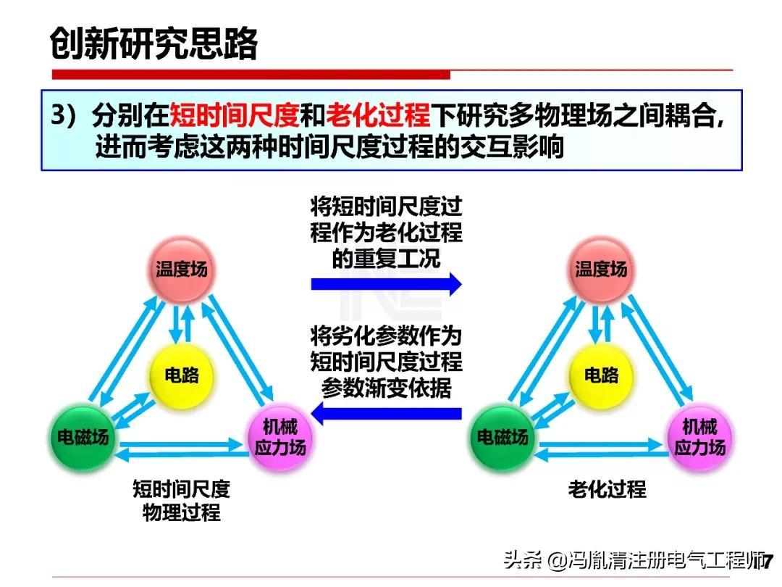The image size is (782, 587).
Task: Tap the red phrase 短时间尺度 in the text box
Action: [x=234, y=116]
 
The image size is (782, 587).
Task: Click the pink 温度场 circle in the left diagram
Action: [x=182, y=270]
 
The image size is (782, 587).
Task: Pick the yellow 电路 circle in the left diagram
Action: [x=181, y=375]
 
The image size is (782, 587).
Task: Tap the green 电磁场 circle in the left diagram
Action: [x=83, y=437]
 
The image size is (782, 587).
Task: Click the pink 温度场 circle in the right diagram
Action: [x=601, y=270]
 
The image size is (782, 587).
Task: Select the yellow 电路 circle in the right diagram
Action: [x=601, y=375]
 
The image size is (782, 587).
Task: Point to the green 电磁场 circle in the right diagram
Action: [x=503, y=437]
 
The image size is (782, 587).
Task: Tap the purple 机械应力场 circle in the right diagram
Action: [x=699, y=436]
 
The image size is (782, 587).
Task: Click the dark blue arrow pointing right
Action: [x=386, y=283]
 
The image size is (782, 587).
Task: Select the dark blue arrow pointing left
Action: [x=392, y=415]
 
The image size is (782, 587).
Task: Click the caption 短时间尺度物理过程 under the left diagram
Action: [x=181, y=501]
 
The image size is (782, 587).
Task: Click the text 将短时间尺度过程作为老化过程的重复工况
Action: [x=386, y=233]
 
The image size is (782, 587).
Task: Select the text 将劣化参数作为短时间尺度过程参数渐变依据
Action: [x=386, y=362]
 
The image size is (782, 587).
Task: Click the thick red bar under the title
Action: [x=251, y=75]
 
